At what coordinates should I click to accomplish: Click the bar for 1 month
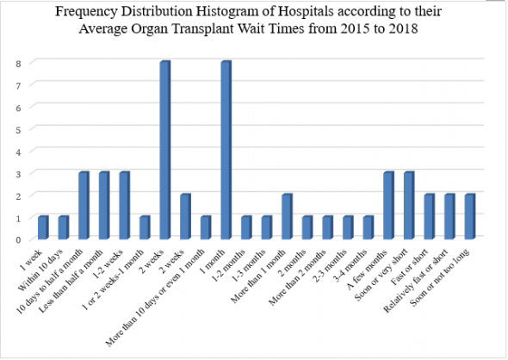(x=226, y=150)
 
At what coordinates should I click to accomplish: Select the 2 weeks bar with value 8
(x=165, y=150)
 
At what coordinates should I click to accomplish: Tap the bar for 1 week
(x=43, y=227)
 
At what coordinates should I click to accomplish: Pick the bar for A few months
(x=389, y=206)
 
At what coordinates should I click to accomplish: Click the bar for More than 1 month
(x=287, y=216)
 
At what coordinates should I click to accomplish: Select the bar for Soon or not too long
(x=470, y=216)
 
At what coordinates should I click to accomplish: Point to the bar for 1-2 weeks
(x=125, y=206)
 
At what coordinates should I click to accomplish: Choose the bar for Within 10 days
(x=64, y=227)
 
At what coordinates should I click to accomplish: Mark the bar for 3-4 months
(x=369, y=227)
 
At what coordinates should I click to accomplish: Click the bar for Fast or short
(x=430, y=216)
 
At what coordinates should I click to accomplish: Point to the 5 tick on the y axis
(x=18, y=130)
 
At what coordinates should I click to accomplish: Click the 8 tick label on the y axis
(x=18, y=64)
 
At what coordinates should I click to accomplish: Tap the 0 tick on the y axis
(x=18, y=240)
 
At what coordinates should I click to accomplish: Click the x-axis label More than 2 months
(x=297, y=277)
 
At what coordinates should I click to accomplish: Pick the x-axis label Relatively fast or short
(x=415, y=281)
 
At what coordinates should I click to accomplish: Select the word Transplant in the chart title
(x=198, y=29)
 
